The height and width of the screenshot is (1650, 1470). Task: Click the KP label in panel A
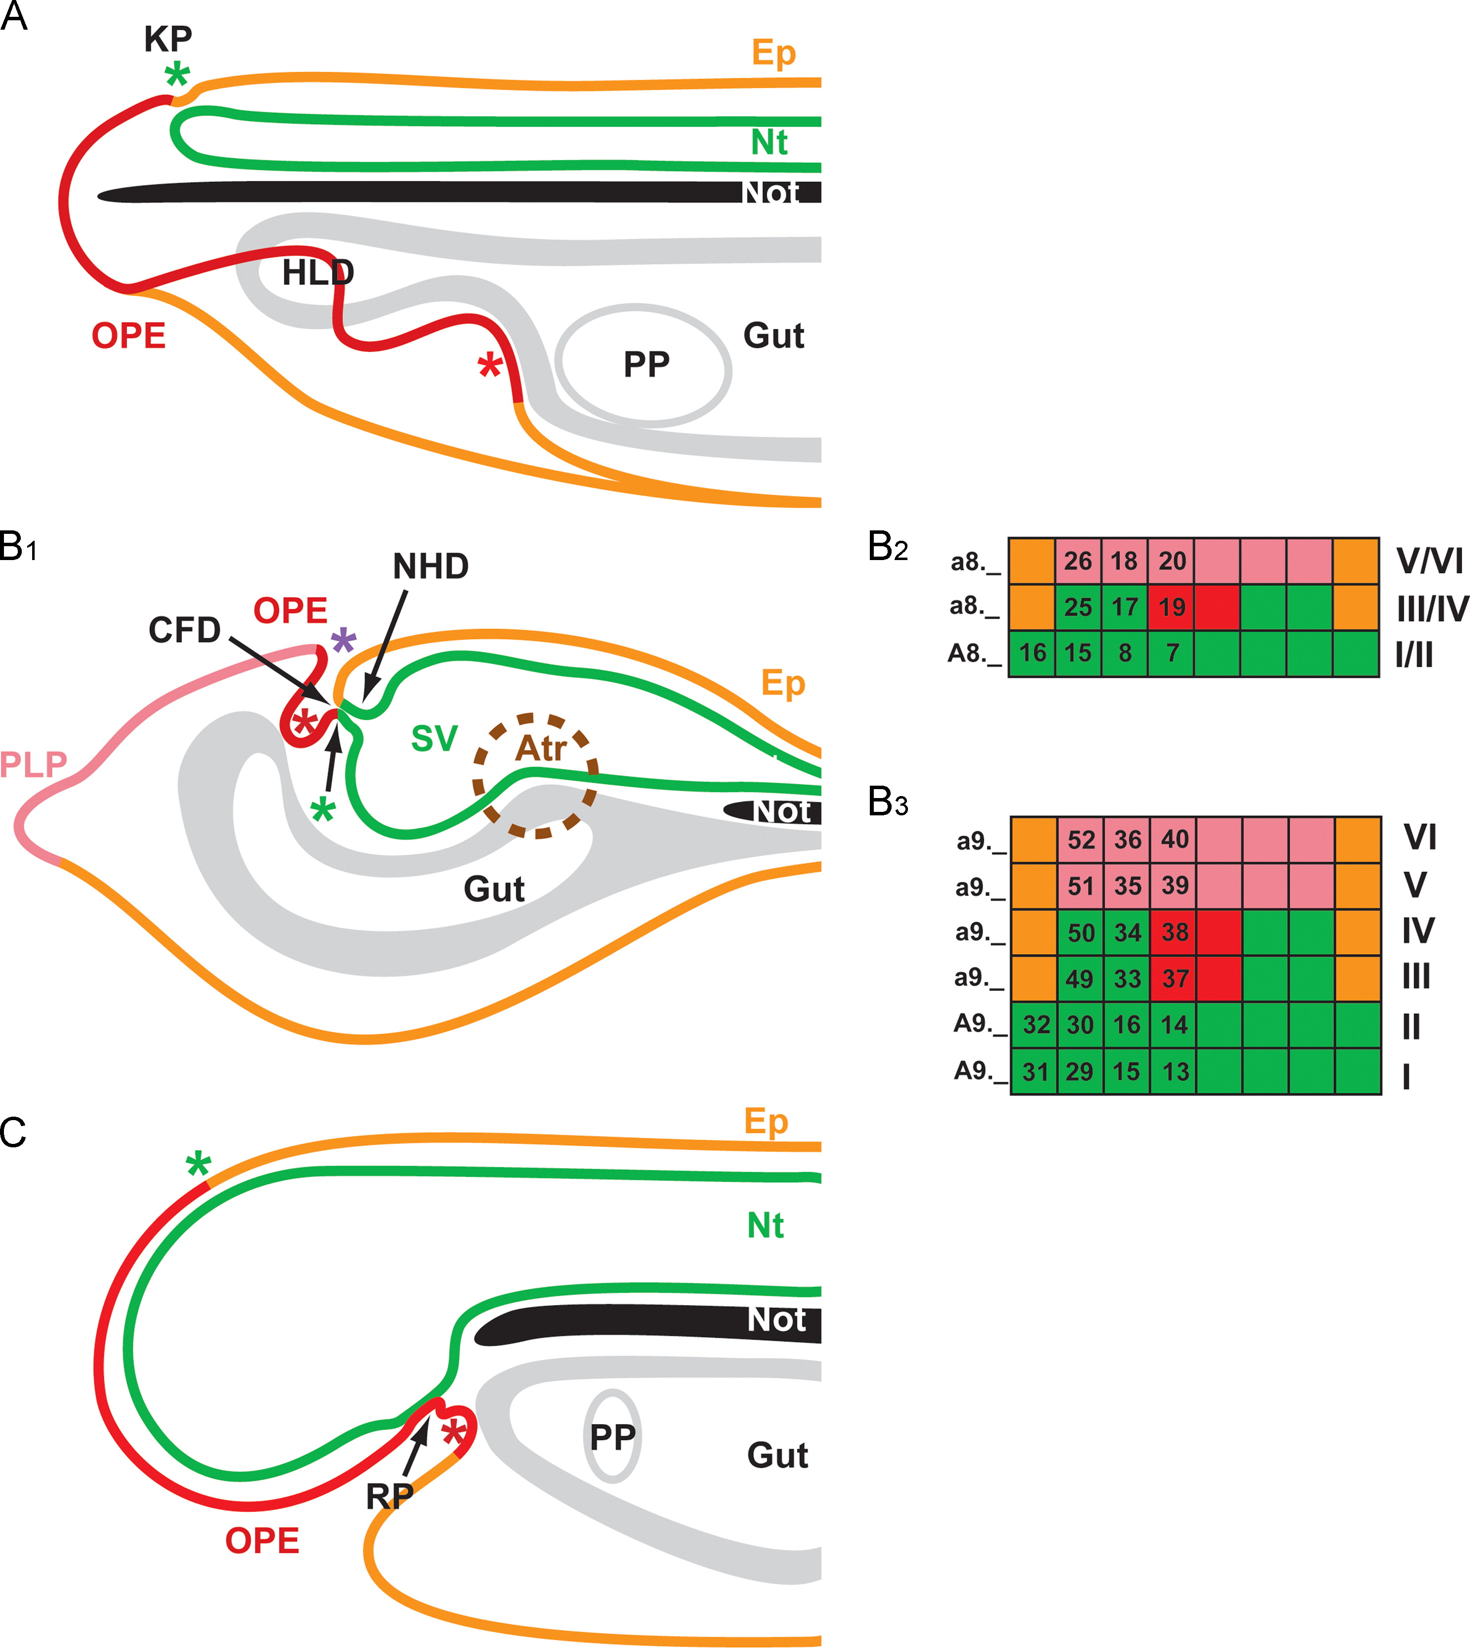[x=168, y=39]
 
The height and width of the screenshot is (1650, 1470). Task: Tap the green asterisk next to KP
[x=177, y=76]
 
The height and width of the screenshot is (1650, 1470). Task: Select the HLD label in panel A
[x=318, y=273]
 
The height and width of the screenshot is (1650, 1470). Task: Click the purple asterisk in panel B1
[x=343, y=643]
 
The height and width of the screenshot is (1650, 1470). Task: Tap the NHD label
[x=430, y=567]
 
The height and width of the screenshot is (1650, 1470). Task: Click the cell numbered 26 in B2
[x=1078, y=562]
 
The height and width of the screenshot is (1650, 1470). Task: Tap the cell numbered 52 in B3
[x=1081, y=840]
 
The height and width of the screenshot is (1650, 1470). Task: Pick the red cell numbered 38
[x=1175, y=933]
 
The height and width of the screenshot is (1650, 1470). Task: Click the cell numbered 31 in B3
[x=1035, y=1072]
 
